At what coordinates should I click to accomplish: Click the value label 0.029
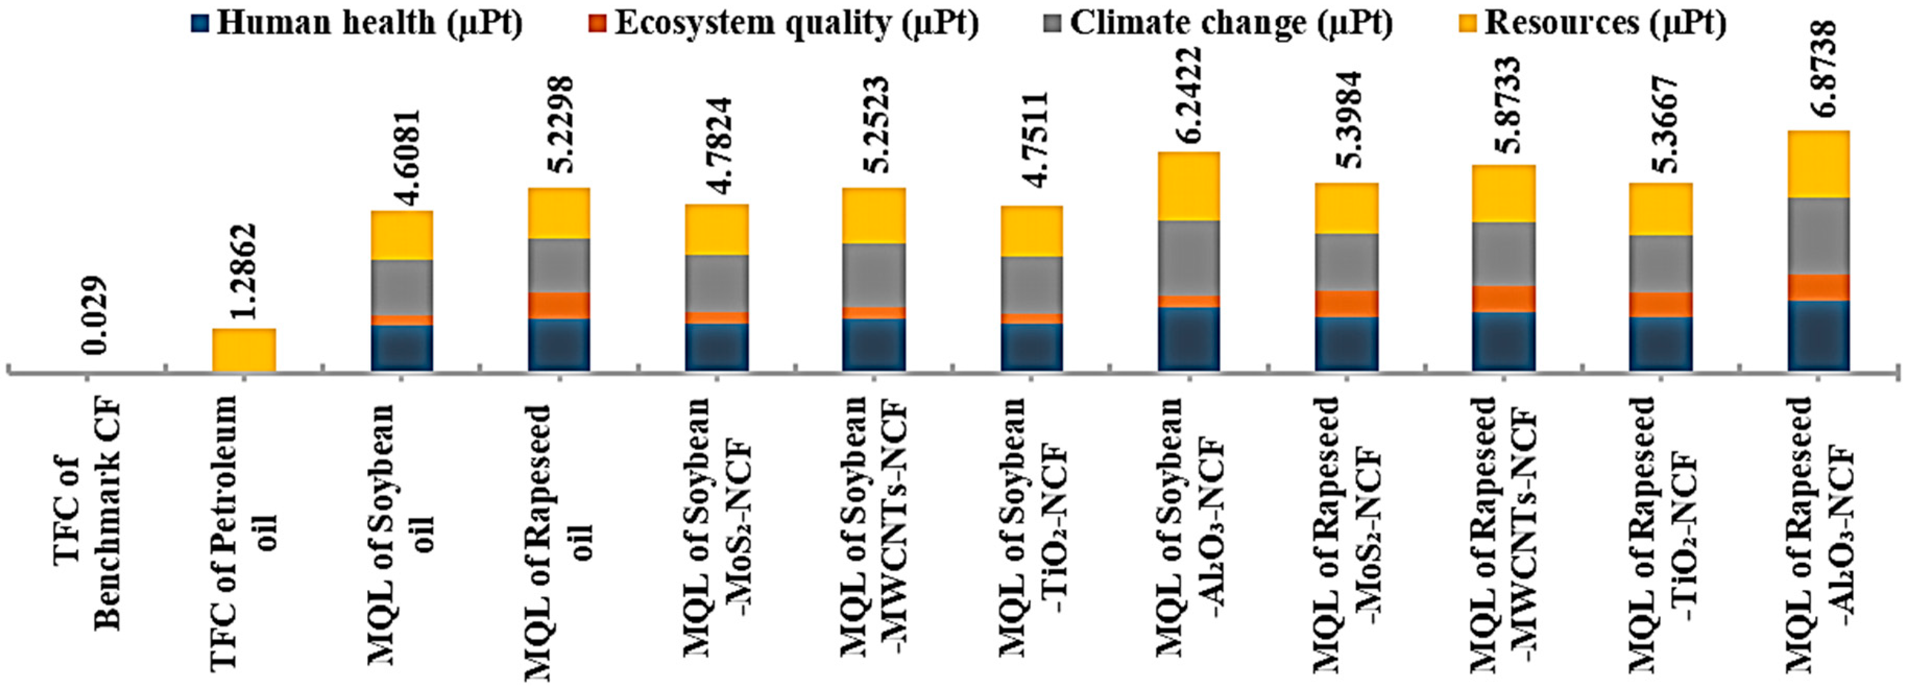pyautogui.click(x=96, y=316)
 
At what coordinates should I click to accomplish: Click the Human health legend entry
pyautogui.click(x=359, y=22)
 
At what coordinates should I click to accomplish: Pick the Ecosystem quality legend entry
pyautogui.click(x=785, y=22)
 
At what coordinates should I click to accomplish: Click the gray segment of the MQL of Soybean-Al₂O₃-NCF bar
pyautogui.click(x=1189, y=258)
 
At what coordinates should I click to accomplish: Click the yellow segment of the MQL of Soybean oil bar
pyautogui.click(x=402, y=236)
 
